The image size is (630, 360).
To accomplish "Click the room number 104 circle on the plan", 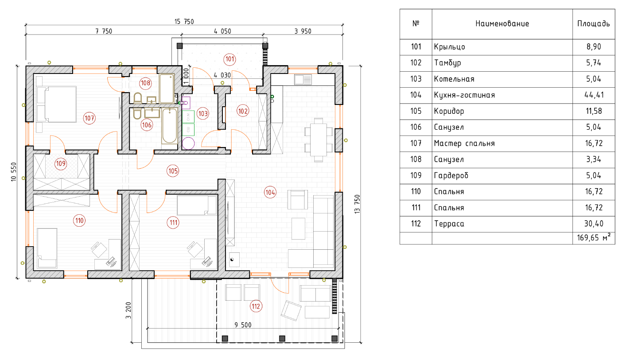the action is (270, 193).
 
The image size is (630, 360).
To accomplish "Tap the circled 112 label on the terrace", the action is (256, 306).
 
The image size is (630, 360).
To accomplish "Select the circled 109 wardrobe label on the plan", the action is (61, 164).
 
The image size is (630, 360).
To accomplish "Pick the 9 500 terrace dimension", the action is (243, 325).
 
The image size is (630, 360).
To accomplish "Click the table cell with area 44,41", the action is (594, 95).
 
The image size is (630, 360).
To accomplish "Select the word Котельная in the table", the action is (454, 79).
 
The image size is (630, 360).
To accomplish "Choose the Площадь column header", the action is (593, 23).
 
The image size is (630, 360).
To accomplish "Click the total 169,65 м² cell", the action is (594, 238).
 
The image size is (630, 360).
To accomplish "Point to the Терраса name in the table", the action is (449, 224).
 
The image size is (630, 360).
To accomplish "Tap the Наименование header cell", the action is (502, 23).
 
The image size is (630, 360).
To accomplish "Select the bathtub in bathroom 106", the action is (169, 126).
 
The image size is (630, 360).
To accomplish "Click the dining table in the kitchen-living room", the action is (319, 139).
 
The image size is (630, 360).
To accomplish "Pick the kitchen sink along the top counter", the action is (303, 80).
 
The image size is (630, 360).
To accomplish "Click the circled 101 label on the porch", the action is (229, 58).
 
